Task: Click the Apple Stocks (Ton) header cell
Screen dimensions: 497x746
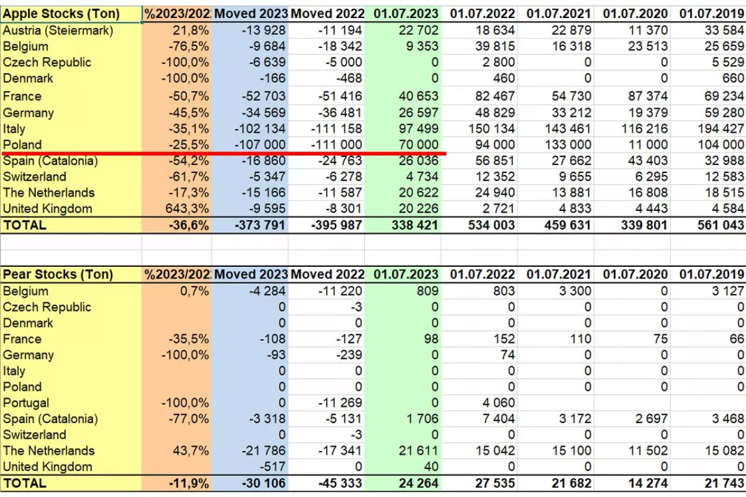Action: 61,14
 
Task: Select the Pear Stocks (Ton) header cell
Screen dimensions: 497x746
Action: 58,274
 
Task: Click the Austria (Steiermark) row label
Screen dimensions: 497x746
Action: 58,30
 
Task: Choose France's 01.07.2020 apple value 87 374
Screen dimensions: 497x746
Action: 645,96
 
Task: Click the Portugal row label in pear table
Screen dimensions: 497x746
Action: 26,403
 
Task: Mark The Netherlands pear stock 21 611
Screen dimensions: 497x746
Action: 418,450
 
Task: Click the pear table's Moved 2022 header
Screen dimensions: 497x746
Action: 327,274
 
